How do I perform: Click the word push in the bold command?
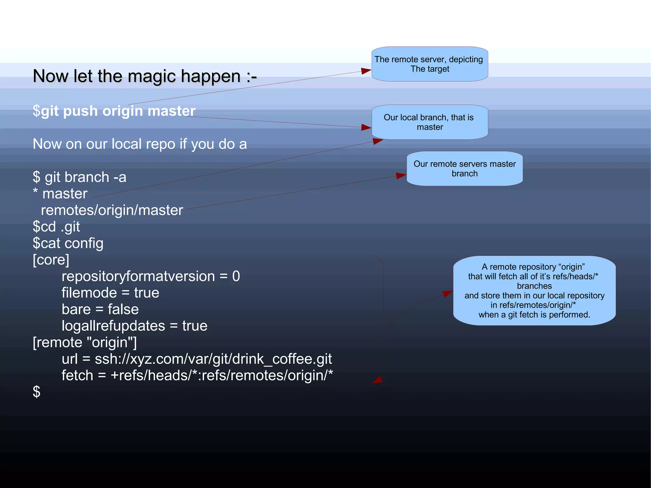(80, 111)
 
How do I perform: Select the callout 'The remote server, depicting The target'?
(430, 64)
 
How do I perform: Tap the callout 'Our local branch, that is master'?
(430, 122)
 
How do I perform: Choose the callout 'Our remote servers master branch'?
(464, 168)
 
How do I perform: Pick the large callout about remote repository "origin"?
(534, 291)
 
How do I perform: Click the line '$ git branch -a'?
(79, 177)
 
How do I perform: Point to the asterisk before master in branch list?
(35, 192)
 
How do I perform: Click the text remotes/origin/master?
(112, 210)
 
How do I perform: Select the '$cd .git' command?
(56, 227)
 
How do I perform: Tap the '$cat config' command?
(68, 243)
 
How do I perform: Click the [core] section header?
(51, 260)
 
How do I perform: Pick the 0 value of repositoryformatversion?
(236, 276)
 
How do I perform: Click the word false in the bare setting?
(123, 309)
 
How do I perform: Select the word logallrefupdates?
(113, 326)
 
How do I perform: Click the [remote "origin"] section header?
(85, 342)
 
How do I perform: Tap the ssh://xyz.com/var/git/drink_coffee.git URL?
(213, 359)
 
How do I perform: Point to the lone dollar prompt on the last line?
(37, 392)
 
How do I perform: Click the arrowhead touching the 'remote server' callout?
(366, 71)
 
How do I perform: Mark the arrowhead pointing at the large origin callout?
(448, 293)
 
